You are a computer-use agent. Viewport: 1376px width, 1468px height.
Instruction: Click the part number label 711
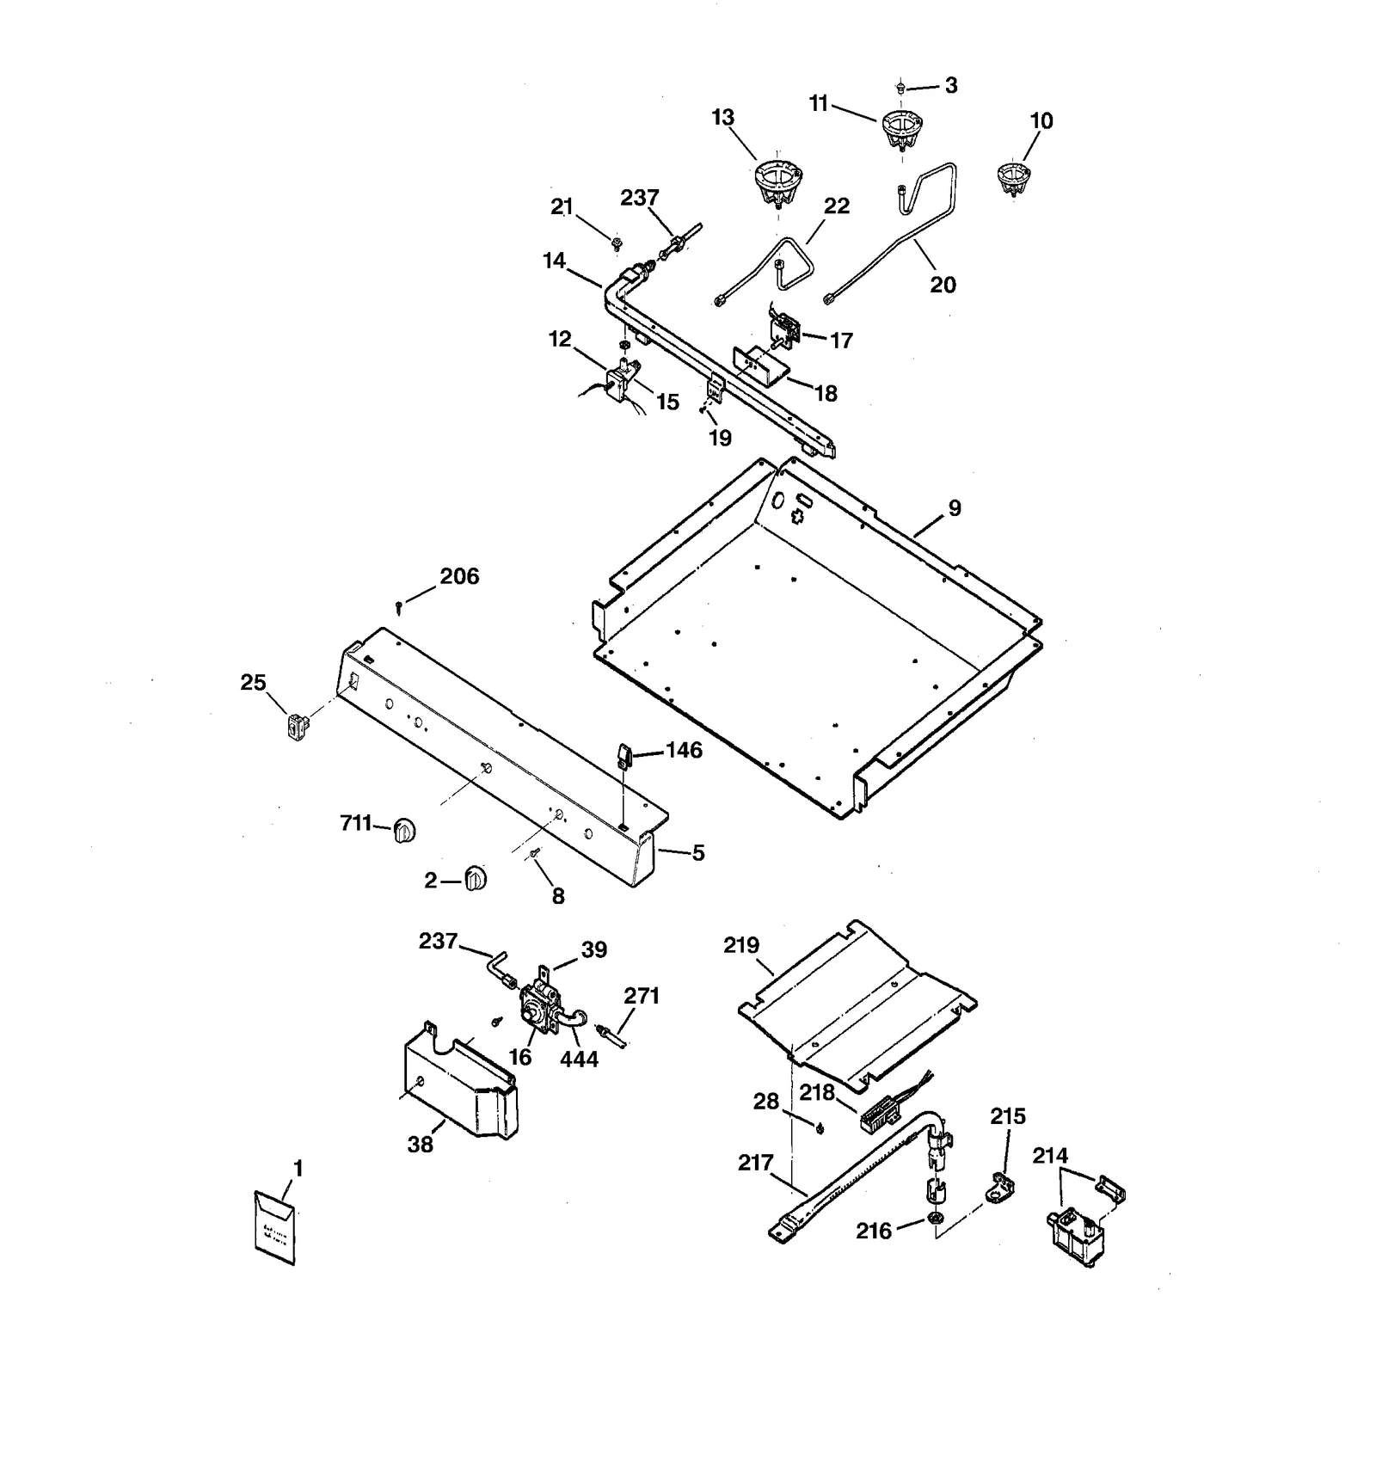355,823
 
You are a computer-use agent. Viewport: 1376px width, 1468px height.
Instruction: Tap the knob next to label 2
475,879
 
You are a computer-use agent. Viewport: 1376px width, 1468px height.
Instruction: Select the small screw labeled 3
900,86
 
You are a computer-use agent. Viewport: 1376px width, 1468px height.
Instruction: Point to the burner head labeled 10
1014,178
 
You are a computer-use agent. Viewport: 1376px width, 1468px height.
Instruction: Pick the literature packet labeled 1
275,1226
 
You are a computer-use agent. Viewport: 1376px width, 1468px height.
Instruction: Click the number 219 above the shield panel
741,945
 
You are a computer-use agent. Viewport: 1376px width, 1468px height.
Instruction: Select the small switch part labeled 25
297,728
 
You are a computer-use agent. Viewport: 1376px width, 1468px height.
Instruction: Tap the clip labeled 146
623,757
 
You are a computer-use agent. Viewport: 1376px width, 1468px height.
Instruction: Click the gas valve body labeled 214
1074,1237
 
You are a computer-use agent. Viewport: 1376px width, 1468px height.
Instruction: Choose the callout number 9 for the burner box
955,507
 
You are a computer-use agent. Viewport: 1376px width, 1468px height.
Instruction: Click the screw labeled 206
400,607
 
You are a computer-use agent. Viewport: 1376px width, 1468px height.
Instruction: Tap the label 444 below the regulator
579,1059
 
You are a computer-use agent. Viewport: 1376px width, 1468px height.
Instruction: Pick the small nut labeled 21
616,244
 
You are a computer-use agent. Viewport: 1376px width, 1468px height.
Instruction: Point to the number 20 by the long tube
943,285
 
